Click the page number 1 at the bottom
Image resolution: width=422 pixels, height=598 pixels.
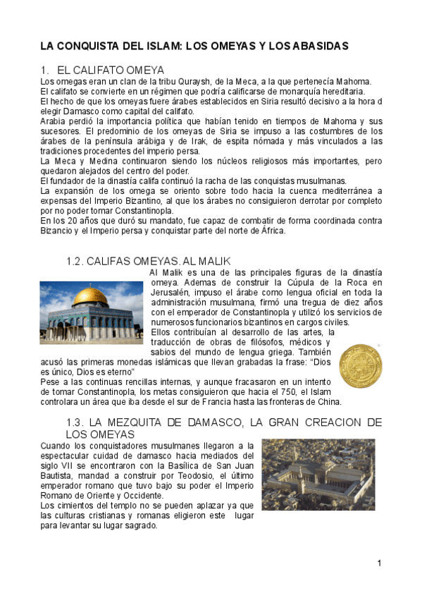pyautogui.click(x=379, y=563)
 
